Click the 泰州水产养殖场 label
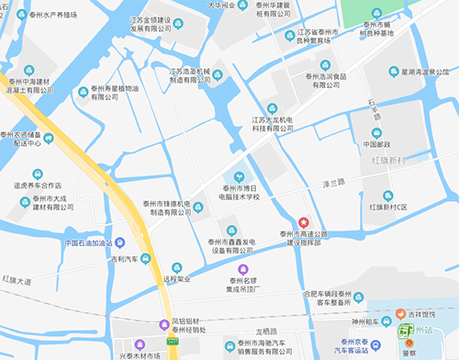(x=65, y=15)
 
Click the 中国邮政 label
(x=375, y=143)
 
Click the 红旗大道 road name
(x=16, y=278)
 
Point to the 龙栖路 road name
(x=263, y=331)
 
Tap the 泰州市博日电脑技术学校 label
(x=240, y=191)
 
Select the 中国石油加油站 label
(x=89, y=243)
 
